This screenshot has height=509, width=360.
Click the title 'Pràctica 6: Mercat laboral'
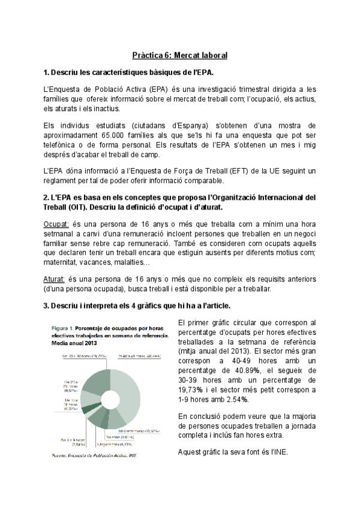[179, 55]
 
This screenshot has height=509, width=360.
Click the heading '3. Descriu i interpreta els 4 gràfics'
[142, 306]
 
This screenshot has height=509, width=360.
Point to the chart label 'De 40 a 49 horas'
[139, 356]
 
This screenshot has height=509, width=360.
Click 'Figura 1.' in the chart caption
[62, 328]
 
